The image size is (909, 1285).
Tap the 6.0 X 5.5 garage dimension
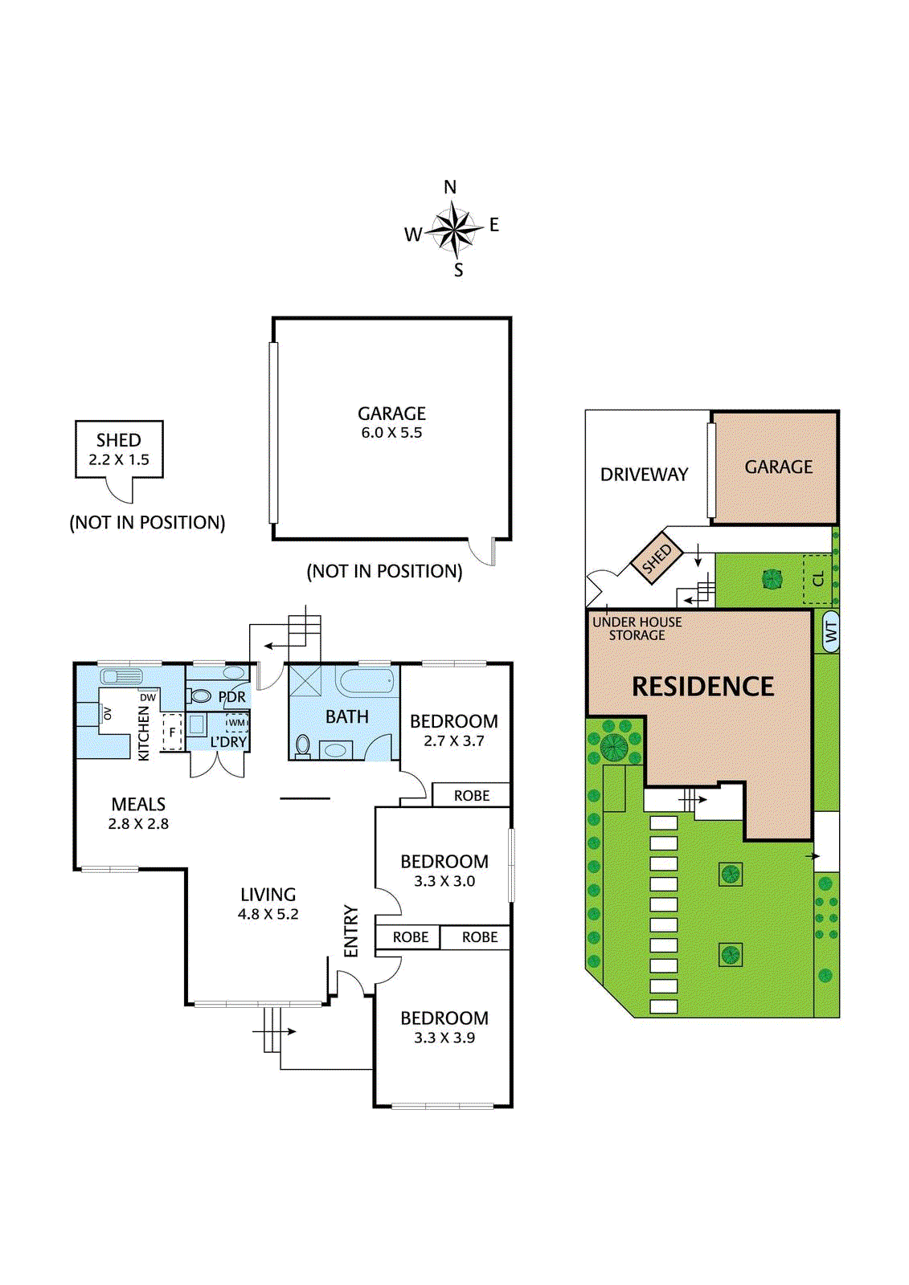coord(391,433)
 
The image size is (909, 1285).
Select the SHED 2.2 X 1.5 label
coord(119,449)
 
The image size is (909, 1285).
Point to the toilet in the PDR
coord(201,696)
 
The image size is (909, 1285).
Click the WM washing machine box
coord(236,723)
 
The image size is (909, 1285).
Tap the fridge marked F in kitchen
coord(171,732)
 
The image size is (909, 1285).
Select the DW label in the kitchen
coord(148,697)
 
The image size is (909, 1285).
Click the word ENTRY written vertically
coord(351,931)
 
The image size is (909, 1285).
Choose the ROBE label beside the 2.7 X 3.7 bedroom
coord(471,795)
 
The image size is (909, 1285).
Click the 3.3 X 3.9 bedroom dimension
coord(444,1038)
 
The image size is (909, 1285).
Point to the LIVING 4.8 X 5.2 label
coord(268,904)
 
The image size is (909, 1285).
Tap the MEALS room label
coord(138,804)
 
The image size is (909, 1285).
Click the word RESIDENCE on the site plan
coord(702,687)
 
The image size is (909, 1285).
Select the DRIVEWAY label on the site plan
coord(644,475)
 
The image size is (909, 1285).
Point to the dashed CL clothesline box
coord(817,579)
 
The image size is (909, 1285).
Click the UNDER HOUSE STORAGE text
coord(637,628)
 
